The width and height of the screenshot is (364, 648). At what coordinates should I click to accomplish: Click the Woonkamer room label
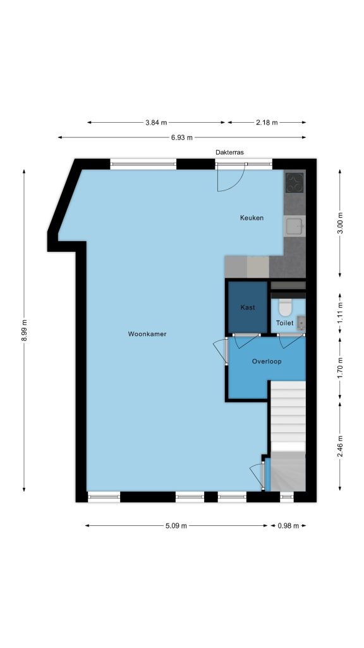(x=147, y=334)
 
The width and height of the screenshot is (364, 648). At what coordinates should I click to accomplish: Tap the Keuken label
(x=252, y=218)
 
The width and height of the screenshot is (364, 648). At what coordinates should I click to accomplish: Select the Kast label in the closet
(x=248, y=308)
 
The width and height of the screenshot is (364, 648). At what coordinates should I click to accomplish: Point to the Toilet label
(x=285, y=323)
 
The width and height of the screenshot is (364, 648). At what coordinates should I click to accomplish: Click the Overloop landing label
(x=267, y=361)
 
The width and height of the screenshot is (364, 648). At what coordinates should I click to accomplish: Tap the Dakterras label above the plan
(x=229, y=152)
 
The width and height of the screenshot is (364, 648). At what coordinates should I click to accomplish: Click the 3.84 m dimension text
(x=157, y=122)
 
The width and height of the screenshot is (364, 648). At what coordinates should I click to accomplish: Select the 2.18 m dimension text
(x=267, y=122)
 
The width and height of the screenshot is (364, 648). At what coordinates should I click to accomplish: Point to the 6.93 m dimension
(x=182, y=137)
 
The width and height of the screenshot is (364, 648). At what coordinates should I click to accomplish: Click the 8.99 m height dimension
(x=24, y=330)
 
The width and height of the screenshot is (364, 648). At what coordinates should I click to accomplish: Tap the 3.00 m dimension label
(x=340, y=223)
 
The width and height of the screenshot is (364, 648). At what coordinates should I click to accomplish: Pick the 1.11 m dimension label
(x=340, y=313)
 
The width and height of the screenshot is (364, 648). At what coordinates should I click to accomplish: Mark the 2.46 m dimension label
(x=340, y=447)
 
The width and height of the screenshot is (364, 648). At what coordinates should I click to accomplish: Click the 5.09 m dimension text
(x=176, y=526)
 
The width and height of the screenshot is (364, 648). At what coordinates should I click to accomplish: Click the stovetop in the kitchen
(x=294, y=182)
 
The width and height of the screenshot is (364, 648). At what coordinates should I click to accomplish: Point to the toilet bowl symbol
(x=285, y=307)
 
